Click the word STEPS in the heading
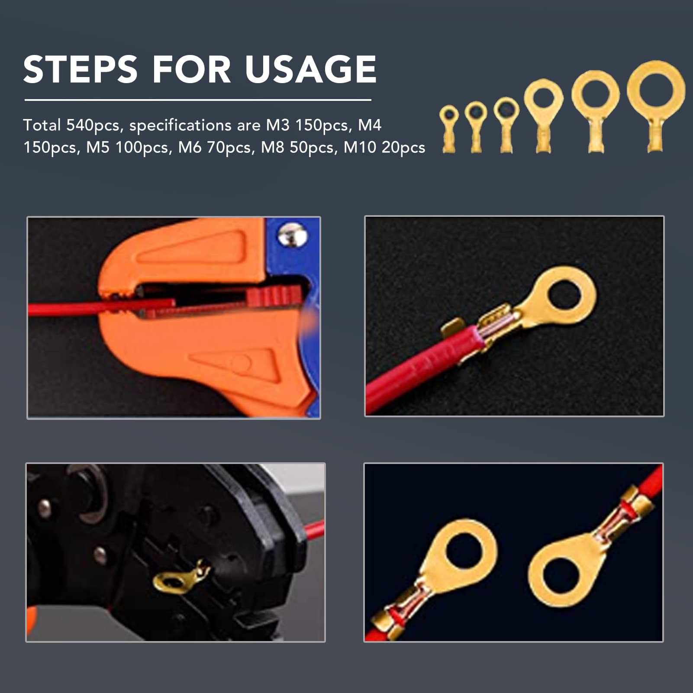point(81,69)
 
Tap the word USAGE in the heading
point(310,69)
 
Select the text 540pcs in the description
point(93,126)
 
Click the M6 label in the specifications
point(190,148)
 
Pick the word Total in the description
point(42,125)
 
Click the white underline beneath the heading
point(198,100)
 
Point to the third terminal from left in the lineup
point(506,125)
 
